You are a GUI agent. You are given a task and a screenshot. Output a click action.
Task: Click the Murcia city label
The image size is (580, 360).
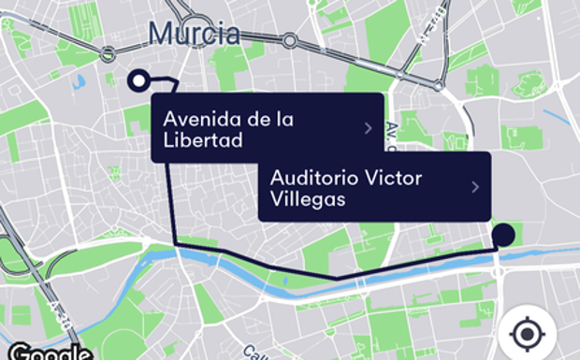(194, 35)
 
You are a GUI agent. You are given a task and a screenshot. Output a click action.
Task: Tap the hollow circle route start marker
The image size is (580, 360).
(139, 80)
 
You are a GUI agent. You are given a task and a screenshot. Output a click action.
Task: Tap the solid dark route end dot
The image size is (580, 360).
(504, 235)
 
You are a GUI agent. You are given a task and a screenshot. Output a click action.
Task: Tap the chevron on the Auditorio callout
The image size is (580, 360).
(475, 187)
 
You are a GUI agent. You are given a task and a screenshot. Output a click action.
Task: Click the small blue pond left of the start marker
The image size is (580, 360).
(78, 80)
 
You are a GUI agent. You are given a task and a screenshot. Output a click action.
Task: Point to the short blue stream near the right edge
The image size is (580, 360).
(558, 118)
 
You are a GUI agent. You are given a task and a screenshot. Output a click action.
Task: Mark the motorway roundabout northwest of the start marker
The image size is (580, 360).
(109, 52)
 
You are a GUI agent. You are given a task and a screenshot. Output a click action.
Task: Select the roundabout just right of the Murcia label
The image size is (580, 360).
(290, 40)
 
